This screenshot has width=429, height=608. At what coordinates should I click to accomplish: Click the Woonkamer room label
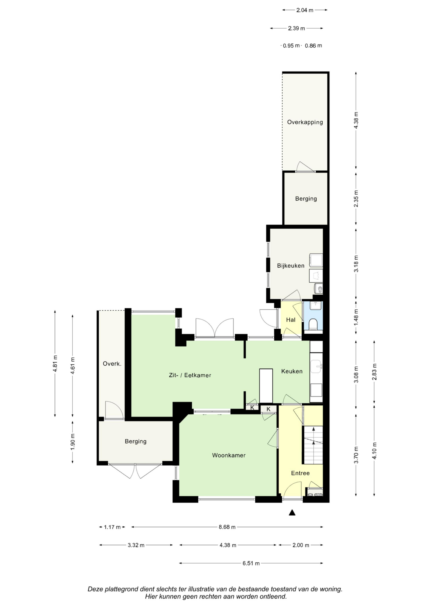coord(229,455)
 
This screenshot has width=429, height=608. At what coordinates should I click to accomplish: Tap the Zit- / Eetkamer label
coord(190,375)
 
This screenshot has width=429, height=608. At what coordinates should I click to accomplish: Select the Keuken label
coord(292,371)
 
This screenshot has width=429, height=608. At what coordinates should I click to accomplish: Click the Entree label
coord(300,473)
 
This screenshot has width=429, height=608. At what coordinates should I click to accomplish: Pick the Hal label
coord(291,320)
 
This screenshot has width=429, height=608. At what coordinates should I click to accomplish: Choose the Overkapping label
coord(305,122)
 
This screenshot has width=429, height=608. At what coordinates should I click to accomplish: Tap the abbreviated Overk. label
coord(112,364)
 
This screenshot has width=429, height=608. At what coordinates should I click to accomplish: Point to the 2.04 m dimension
coord(305,10)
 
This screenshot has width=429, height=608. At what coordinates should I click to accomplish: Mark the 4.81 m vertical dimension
coord(55,364)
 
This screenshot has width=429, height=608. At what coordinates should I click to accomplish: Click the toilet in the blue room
coord(313,324)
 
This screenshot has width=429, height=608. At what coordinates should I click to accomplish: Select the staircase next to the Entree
coord(313,445)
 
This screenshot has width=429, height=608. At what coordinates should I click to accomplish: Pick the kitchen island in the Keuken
coord(266,386)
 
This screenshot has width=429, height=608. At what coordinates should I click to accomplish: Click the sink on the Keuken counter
coord(316,366)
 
